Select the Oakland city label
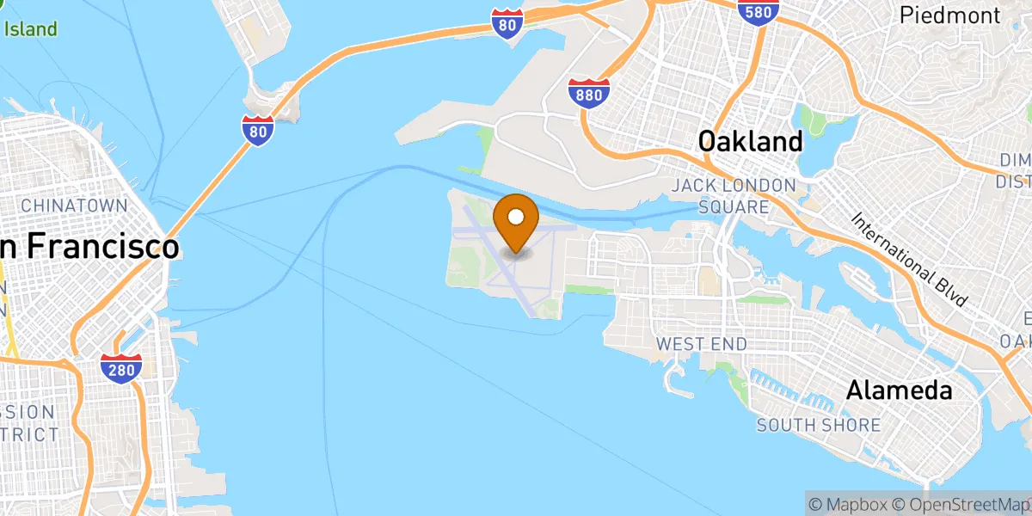[750, 142]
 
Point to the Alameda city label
[899, 390]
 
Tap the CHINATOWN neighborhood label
[74, 206]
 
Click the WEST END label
[701, 344]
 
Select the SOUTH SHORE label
[818, 425]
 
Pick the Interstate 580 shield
[759, 10]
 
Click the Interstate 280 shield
[120, 368]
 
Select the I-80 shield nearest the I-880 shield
[508, 24]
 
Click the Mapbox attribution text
[846, 502]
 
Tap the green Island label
[31, 29]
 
